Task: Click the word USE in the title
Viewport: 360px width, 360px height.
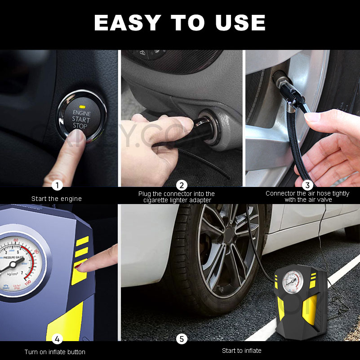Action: [x=240, y=22]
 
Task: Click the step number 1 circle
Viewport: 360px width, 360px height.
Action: [x=57, y=185]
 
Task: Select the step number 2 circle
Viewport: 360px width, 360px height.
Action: [x=182, y=185]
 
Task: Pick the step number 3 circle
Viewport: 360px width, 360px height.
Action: [x=307, y=185]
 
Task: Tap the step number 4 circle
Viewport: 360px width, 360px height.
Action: [x=57, y=338]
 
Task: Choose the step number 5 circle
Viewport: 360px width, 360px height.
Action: [x=182, y=338]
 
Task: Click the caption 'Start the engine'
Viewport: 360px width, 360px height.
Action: [x=57, y=198]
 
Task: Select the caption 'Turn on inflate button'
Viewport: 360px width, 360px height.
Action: [x=55, y=352]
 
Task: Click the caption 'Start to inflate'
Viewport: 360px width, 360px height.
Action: [x=241, y=351]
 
